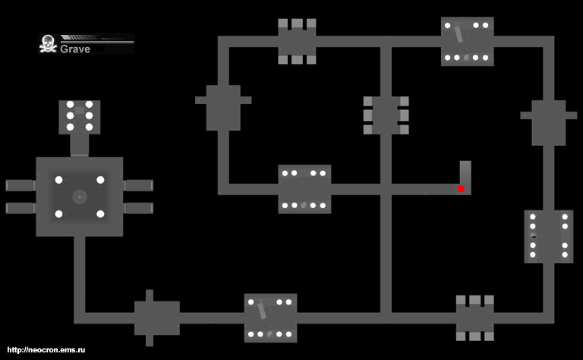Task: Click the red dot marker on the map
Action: click(x=461, y=188)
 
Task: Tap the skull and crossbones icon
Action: click(x=48, y=44)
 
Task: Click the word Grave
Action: click(x=75, y=49)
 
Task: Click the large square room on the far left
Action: click(x=79, y=197)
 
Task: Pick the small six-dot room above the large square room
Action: click(x=79, y=116)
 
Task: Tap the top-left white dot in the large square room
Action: click(x=58, y=180)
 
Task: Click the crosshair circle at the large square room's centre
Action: click(x=78, y=197)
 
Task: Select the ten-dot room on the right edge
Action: click(x=548, y=236)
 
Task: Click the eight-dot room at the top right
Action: click(x=467, y=41)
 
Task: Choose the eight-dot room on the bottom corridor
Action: click(x=270, y=317)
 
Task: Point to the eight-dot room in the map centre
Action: click(x=304, y=188)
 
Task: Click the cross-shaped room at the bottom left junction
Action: click(x=156, y=317)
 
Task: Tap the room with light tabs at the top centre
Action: click(x=297, y=41)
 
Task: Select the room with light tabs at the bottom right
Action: click(x=474, y=317)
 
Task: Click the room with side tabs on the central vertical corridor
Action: click(x=386, y=115)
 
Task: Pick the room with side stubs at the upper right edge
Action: click(x=548, y=122)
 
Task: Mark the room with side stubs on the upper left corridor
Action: click(x=223, y=107)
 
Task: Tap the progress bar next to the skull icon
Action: click(x=96, y=37)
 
